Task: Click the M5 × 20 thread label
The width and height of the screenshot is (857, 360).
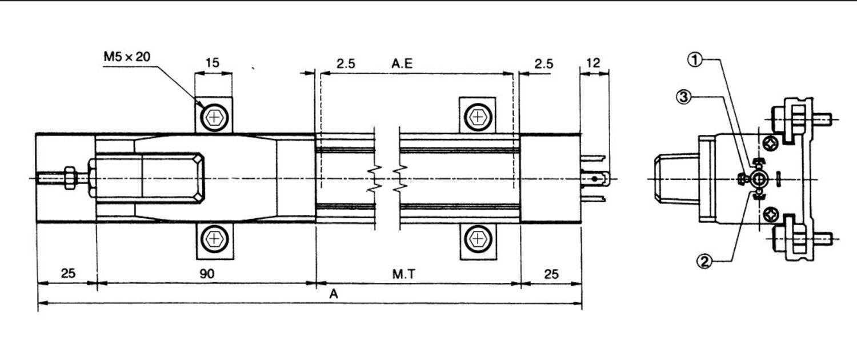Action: [127, 57]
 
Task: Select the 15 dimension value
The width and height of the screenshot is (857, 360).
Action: [213, 62]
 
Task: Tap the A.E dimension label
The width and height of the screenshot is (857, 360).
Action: [402, 63]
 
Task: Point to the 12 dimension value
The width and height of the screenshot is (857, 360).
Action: [594, 63]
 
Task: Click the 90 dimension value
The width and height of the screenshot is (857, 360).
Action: [207, 274]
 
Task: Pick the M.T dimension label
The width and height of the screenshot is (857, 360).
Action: [404, 274]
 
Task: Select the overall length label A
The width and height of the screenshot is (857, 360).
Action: [334, 294]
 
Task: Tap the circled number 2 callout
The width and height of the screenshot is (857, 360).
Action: [704, 262]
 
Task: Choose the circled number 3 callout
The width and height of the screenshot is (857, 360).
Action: [684, 97]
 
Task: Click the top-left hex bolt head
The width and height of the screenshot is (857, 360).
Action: [214, 118]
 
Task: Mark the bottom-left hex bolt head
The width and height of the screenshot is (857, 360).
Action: [214, 239]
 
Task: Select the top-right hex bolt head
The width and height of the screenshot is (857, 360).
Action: [478, 117]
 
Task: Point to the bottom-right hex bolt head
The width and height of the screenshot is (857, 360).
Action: [478, 239]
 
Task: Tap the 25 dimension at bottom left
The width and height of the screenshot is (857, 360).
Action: [68, 274]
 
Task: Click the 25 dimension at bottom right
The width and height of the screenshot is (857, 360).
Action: [551, 274]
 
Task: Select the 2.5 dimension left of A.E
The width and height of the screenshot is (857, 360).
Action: [346, 63]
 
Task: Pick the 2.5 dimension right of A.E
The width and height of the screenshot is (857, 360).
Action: [544, 63]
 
